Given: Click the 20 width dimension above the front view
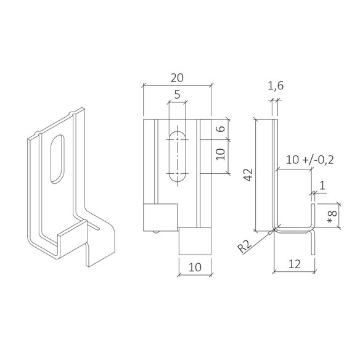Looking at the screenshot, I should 176,78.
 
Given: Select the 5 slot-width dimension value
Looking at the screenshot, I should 176,95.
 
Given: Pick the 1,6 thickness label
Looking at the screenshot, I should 276,89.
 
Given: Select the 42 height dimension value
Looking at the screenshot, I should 247,175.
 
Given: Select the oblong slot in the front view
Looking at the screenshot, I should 177,156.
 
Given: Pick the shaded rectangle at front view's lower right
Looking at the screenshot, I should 195,240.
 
